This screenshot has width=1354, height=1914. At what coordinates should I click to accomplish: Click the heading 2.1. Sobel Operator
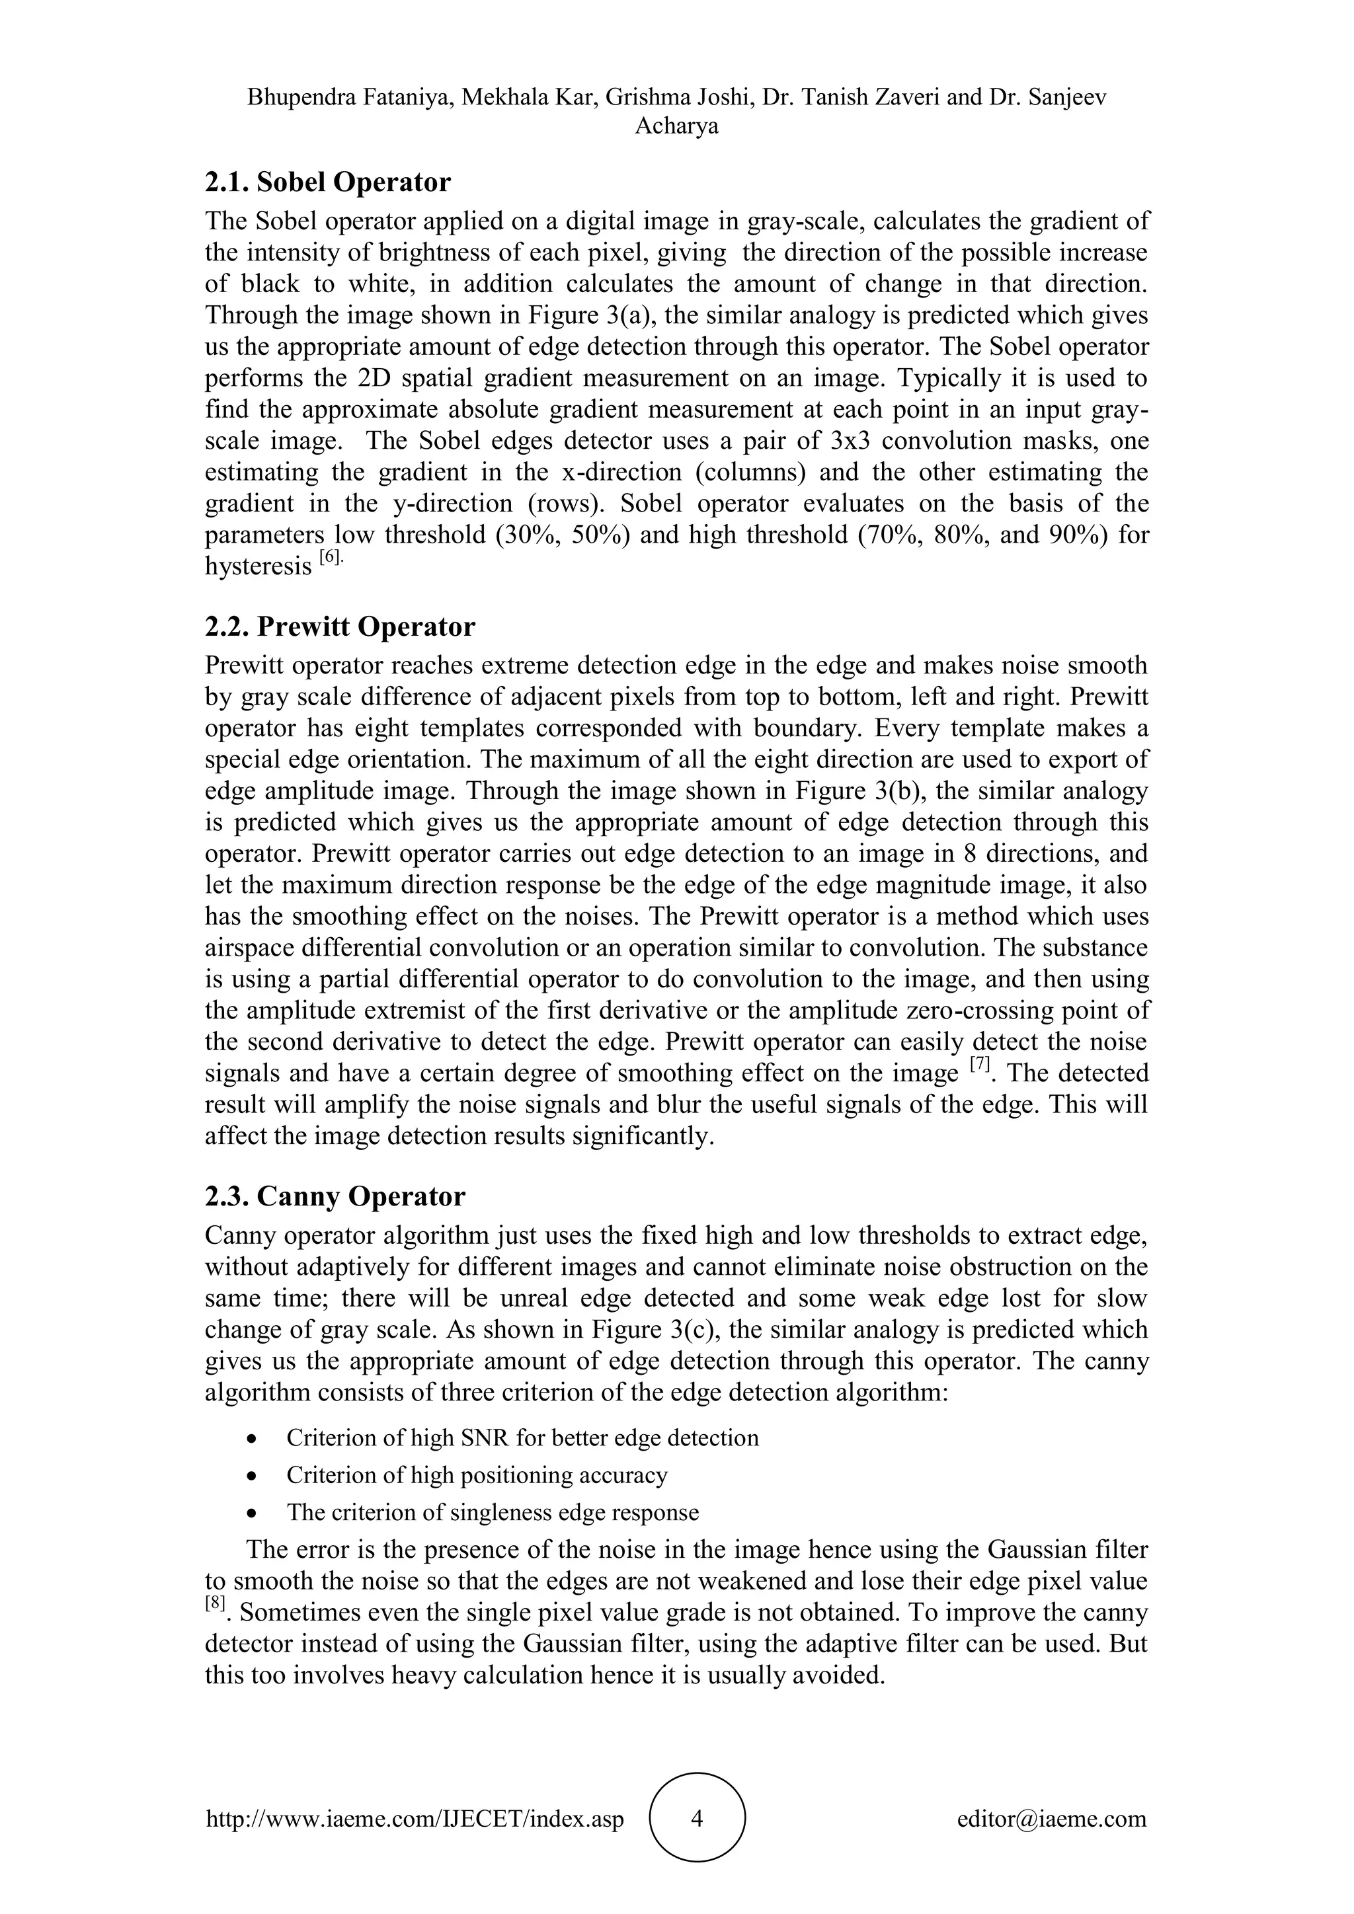pyautogui.click(x=328, y=182)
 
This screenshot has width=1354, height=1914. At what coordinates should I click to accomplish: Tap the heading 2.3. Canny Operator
pyautogui.click(x=335, y=1196)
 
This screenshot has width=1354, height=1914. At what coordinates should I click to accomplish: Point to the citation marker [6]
pyautogui.click(x=330, y=558)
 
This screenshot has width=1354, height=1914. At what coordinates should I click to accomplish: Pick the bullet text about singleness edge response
pyautogui.click(x=493, y=1512)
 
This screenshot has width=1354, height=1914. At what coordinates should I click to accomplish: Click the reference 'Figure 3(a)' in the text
pyautogui.click(x=578, y=316)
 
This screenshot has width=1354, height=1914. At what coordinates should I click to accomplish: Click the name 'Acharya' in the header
pyautogui.click(x=677, y=127)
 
